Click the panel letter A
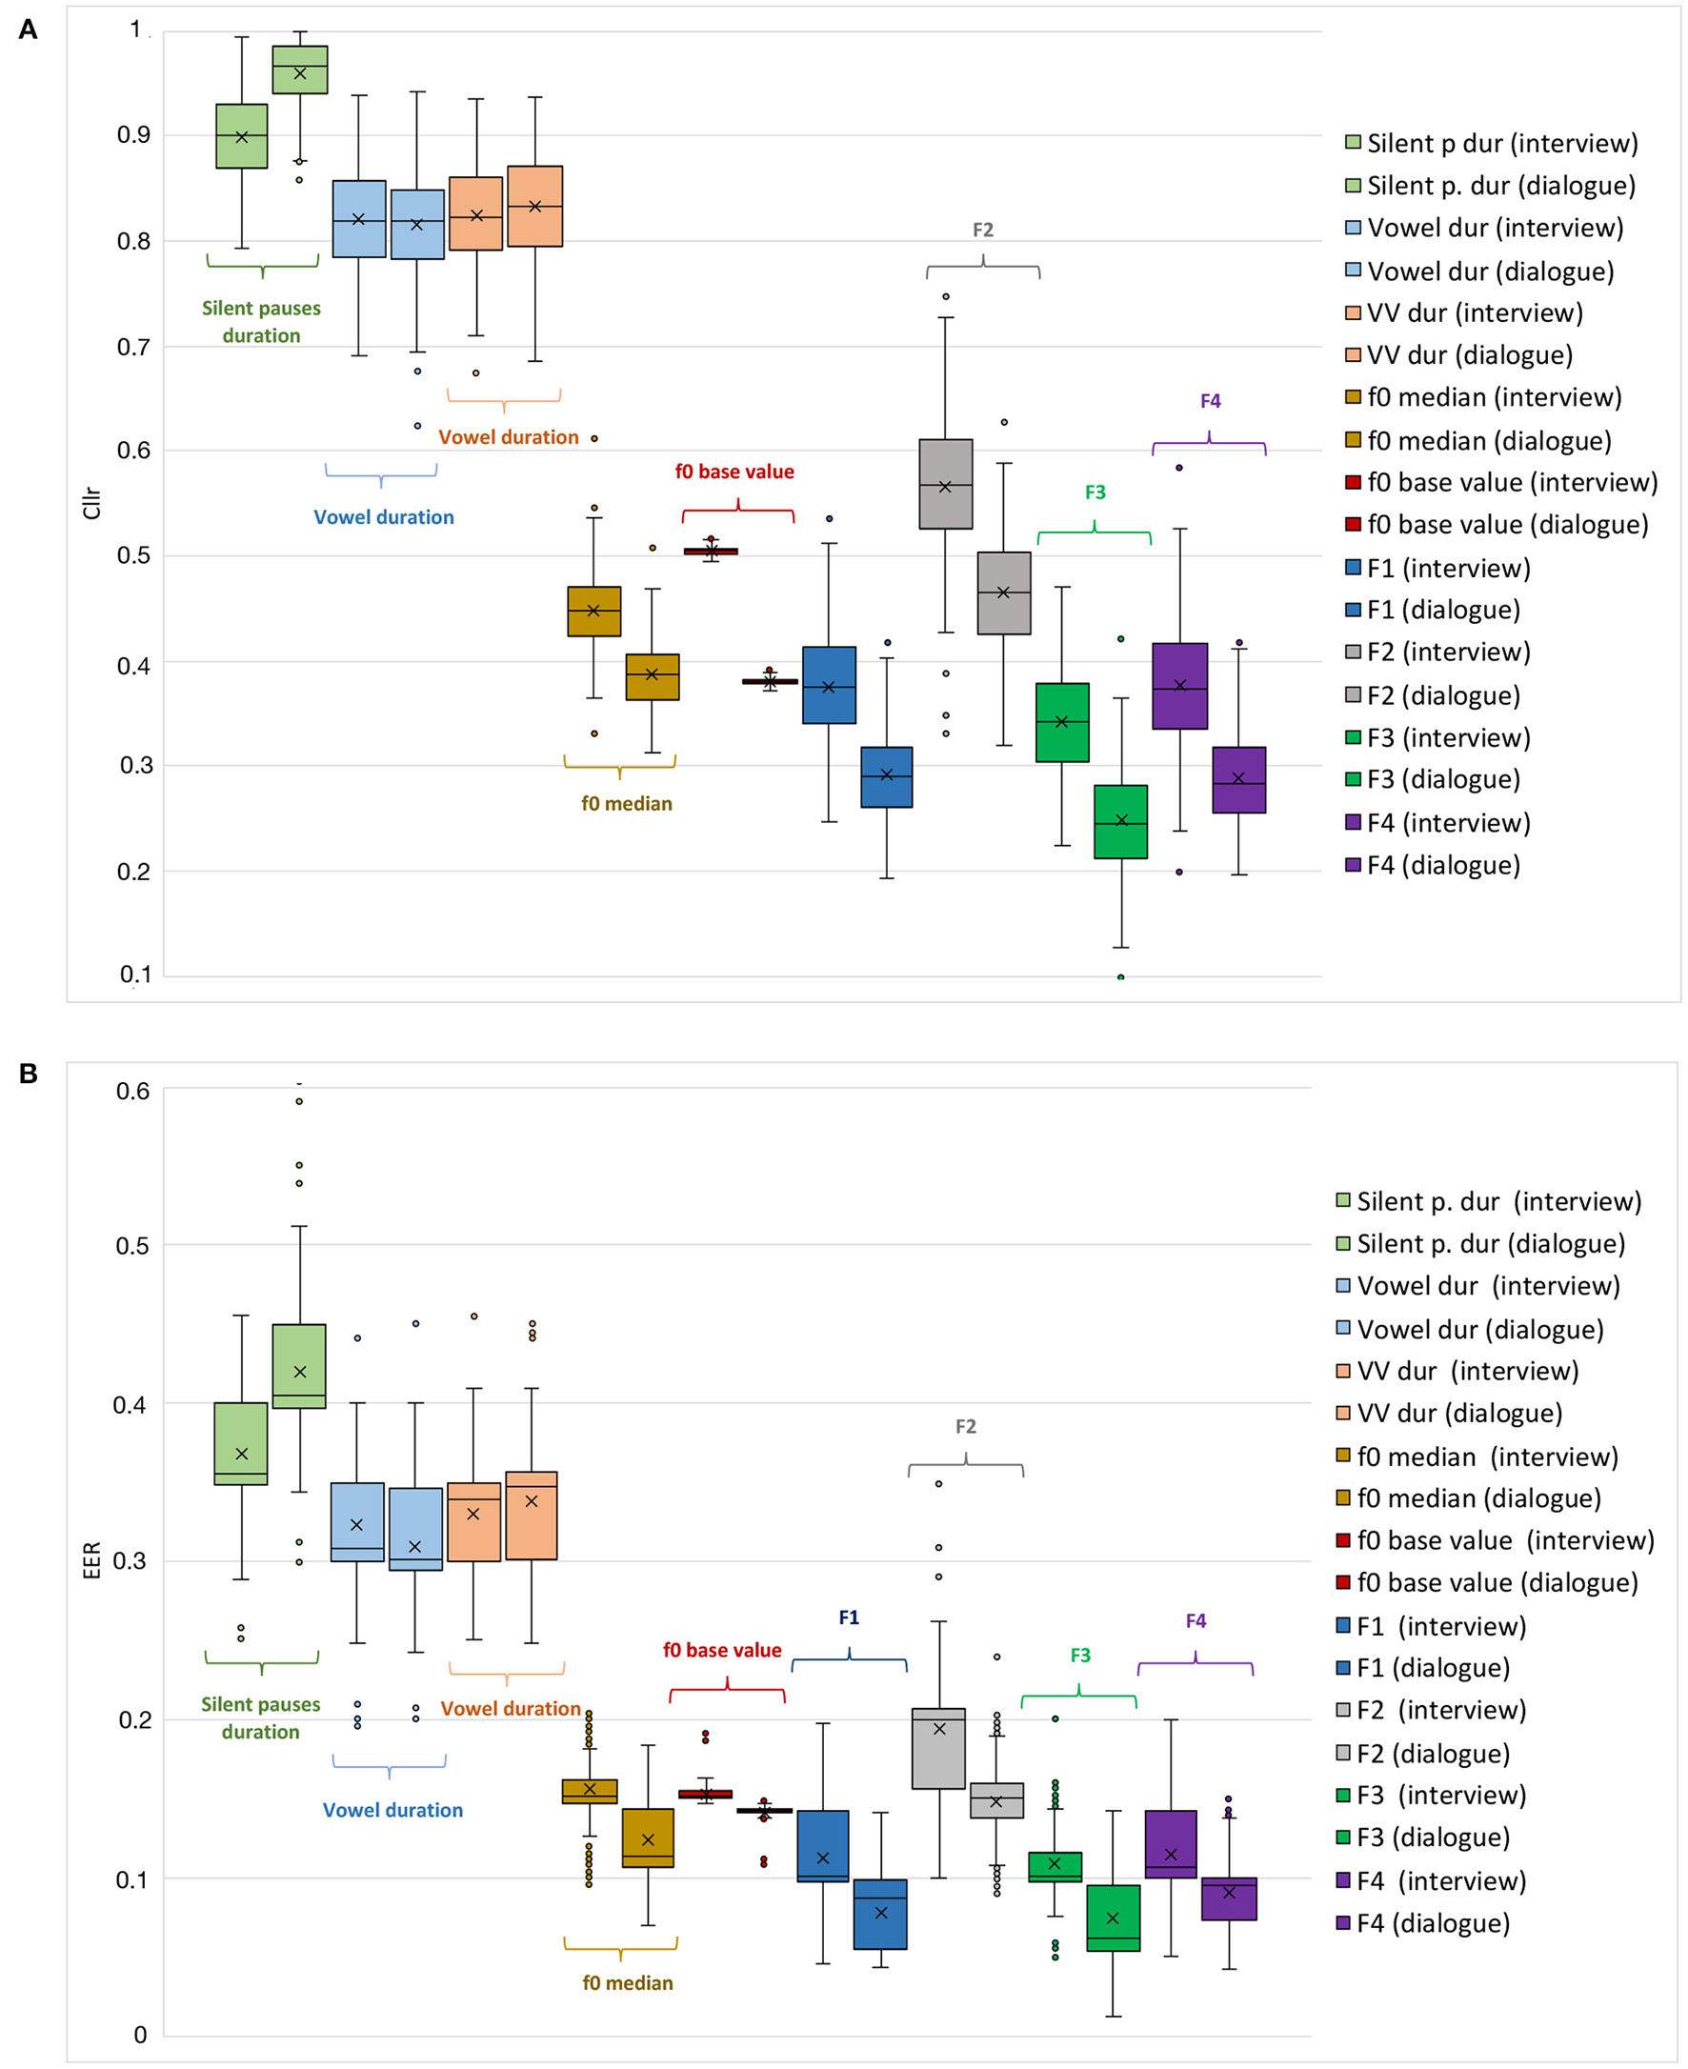click(29, 30)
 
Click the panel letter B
click(29, 1074)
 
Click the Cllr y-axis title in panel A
click(92, 503)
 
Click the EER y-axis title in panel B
click(92, 1560)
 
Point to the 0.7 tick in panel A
click(134, 347)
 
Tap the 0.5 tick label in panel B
click(132, 1247)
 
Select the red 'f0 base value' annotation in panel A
click(734, 472)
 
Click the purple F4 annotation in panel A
click(1210, 402)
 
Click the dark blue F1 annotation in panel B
click(849, 1617)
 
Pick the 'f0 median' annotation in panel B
click(627, 1983)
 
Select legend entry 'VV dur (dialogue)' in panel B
click(1458, 1414)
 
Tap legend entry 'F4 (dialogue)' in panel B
click(1433, 1923)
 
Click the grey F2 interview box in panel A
click(945, 484)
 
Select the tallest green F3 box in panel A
click(1062, 722)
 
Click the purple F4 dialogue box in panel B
click(1229, 1898)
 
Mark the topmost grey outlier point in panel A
click(946, 296)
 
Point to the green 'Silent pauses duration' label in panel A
click(262, 322)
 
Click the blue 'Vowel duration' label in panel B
click(392, 1810)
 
